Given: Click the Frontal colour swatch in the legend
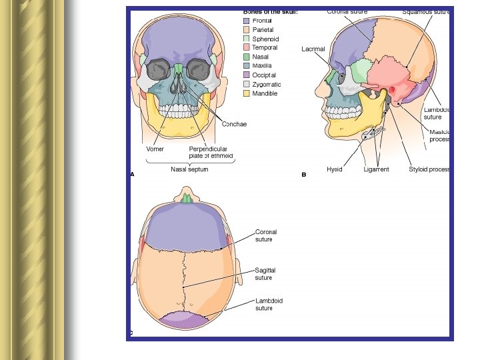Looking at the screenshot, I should tap(246, 21).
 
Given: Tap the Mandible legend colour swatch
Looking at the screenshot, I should tap(246, 93).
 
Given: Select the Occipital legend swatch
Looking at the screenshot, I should tap(246, 75).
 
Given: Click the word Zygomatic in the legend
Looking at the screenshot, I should tap(267, 85).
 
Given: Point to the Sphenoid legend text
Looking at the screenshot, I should tap(265, 39).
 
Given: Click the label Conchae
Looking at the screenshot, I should tap(234, 124).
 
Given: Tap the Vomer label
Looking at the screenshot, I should tap(155, 149).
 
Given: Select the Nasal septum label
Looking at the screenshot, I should tap(189, 169).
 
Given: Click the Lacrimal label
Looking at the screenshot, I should tap(313, 49).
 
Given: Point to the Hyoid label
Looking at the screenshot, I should tap(334, 169).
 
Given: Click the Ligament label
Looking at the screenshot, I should tap(376, 169).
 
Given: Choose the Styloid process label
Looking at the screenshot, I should tap(429, 169).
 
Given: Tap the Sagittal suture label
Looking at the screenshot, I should tap(265, 274).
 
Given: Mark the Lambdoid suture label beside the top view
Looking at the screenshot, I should tap(269, 305).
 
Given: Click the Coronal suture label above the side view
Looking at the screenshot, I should tap(347, 11).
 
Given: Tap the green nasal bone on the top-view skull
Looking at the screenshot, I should tap(187, 198).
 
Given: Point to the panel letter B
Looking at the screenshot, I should tap(303, 175).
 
